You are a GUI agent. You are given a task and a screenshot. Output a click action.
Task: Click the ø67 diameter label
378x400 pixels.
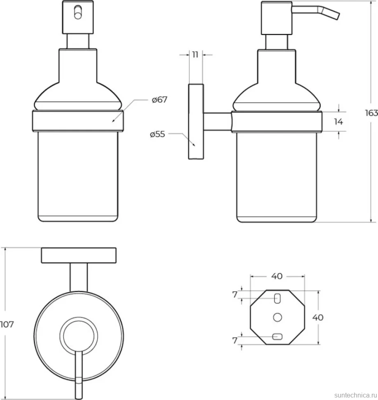pyautogui.click(x=159, y=99)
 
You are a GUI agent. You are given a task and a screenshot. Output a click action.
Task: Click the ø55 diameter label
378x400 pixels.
pyautogui.click(x=157, y=134)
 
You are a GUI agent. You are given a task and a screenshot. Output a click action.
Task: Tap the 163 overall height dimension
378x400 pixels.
pyautogui.click(x=371, y=113)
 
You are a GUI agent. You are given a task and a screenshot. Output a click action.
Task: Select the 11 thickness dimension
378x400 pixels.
pyautogui.click(x=195, y=54)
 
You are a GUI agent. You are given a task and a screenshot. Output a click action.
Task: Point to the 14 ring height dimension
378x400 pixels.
pyautogui.click(x=338, y=122)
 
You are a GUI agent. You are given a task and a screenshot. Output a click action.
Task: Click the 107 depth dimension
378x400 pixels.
pyautogui.click(x=7, y=325)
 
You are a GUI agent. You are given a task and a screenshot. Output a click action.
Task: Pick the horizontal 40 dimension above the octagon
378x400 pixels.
pyautogui.click(x=277, y=276)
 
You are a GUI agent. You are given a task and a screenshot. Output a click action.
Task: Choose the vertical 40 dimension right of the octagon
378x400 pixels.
pyautogui.click(x=318, y=318)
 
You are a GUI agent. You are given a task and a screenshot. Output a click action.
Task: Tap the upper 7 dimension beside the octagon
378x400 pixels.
pyautogui.click(x=235, y=295)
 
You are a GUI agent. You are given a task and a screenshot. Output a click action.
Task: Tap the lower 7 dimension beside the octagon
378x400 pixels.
pyautogui.click(x=235, y=340)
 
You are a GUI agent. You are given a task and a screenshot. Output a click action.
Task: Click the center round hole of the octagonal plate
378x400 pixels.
pyautogui.click(x=278, y=318)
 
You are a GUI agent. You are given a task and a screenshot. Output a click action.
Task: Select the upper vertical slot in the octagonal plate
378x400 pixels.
pyautogui.click(x=278, y=299)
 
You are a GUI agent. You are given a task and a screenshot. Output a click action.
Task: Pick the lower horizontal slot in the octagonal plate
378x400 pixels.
pyautogui.click(x=278, y=337)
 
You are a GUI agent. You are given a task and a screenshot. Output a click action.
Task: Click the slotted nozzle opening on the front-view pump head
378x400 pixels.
pyautogui.click(x=78, y=12)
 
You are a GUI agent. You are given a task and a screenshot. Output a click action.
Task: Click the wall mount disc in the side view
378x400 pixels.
pyautogui.click(x=196, y=122)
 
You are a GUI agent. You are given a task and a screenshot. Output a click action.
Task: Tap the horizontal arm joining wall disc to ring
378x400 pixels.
pyautogui.click(x=217, y=122)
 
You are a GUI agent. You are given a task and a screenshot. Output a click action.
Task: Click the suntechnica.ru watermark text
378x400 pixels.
pyautogui.click(x=356, y=395)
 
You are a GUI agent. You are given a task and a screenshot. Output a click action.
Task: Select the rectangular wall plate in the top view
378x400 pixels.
pyautogui.click(x=79, y=255)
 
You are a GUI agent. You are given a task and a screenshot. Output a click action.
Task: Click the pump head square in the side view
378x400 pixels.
pyautogui.click(x=277, y=18)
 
